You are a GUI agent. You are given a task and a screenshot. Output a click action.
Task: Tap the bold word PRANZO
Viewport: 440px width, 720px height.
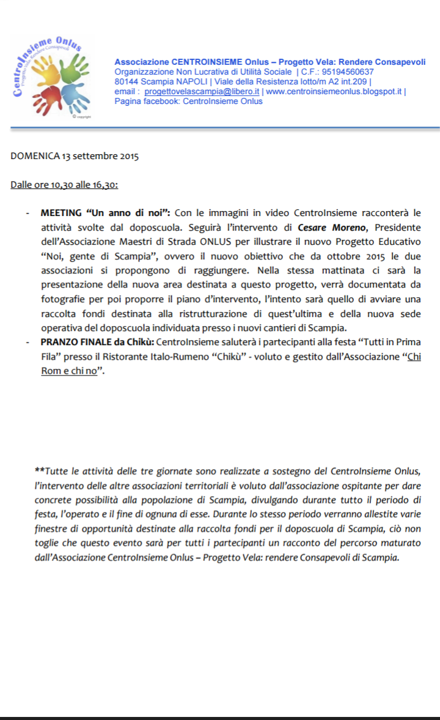pos(58,341)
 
